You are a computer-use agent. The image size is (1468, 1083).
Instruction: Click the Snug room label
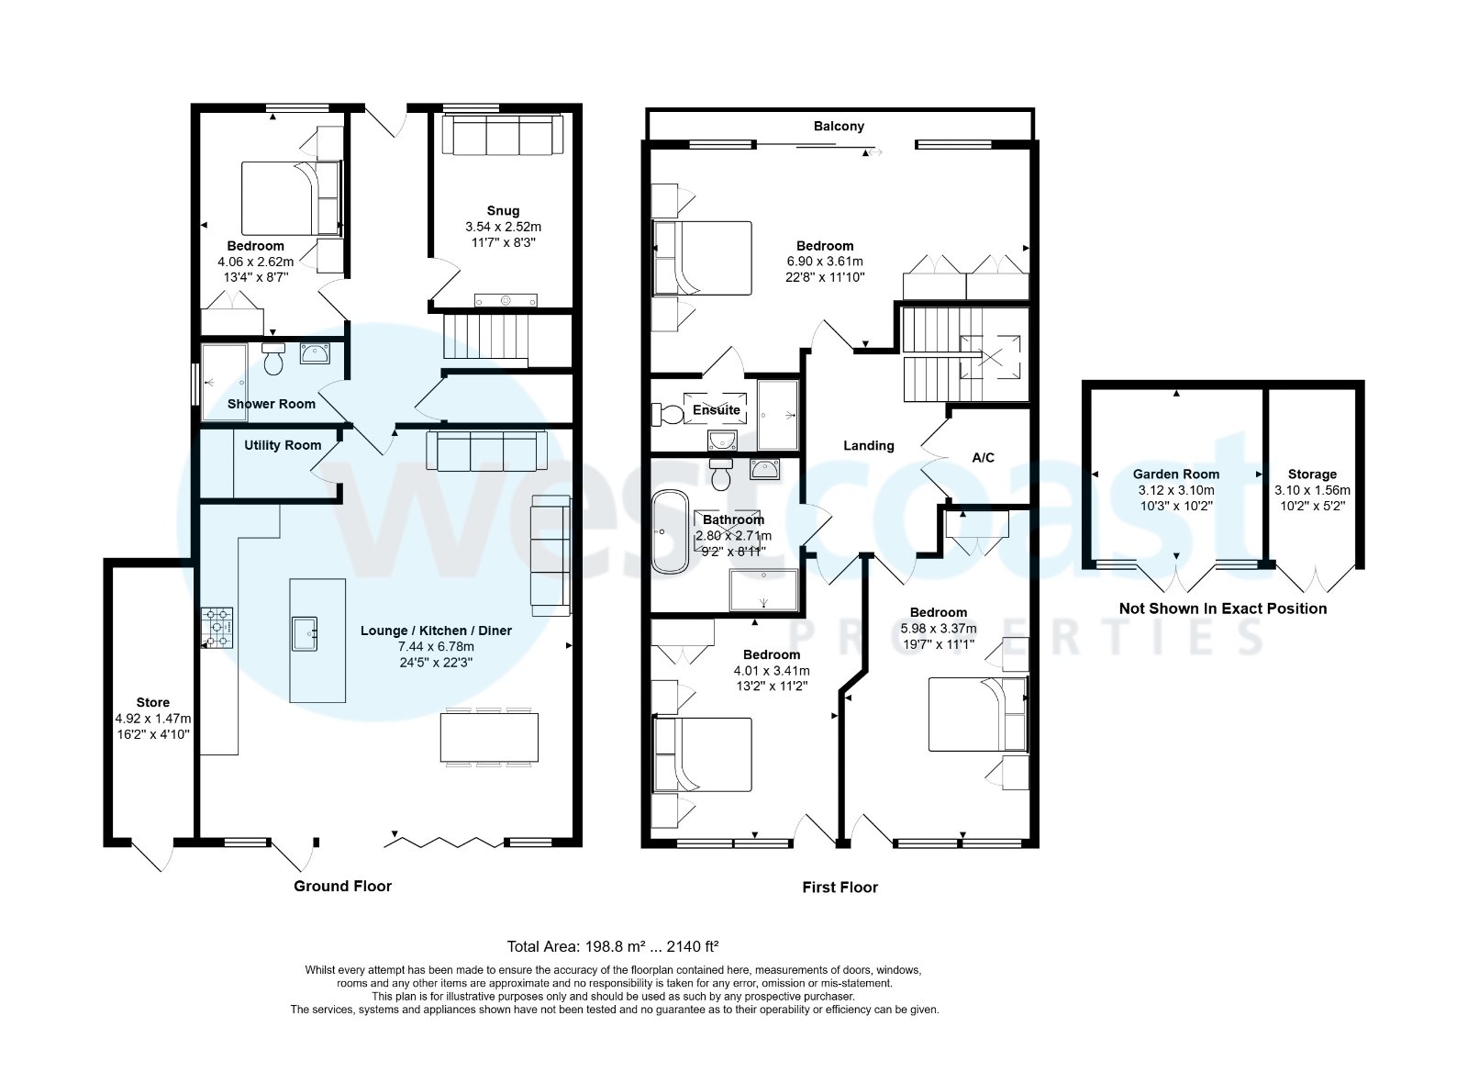point(504,210)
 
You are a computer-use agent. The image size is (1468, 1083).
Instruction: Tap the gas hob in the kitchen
point(217,629)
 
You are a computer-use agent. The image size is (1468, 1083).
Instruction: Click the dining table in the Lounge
point(489,737)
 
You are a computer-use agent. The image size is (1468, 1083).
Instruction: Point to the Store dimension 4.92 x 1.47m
point(153,719)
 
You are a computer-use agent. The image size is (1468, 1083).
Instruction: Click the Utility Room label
point(283,445)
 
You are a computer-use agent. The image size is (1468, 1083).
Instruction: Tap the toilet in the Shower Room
point(273,360)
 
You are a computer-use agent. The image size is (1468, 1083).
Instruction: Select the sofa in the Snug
point(501,136)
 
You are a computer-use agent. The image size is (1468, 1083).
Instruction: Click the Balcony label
point(839,126)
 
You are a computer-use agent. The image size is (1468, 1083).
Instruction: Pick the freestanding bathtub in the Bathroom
point(671,531)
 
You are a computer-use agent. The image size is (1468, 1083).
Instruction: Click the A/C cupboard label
point(983,457)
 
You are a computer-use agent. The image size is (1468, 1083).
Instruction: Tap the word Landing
point(868,445)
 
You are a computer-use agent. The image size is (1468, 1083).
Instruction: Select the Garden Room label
point(1175,474)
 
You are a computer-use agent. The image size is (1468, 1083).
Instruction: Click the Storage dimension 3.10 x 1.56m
point(1312,490)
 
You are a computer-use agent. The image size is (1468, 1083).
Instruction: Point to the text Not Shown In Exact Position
point(1222,608)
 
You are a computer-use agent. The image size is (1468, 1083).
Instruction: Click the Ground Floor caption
point(342,886)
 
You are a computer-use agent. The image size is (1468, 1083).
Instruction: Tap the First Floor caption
point(840,887)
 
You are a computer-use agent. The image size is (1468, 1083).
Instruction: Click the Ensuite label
point(716,409)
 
